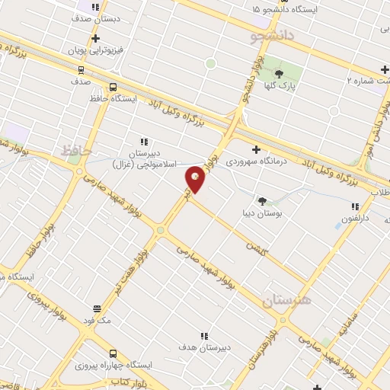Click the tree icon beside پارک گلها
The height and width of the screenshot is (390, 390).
pos(279,74)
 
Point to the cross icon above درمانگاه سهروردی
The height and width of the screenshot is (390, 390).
pos(256,149)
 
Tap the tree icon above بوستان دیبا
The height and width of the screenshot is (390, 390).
pos(263,201)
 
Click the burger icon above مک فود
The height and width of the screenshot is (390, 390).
pos(97,308)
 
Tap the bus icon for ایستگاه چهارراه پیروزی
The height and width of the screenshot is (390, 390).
pos(113,353)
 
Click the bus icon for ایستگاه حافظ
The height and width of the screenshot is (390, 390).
pos(113,87)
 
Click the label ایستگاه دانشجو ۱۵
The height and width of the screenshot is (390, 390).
pos(298,9)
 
